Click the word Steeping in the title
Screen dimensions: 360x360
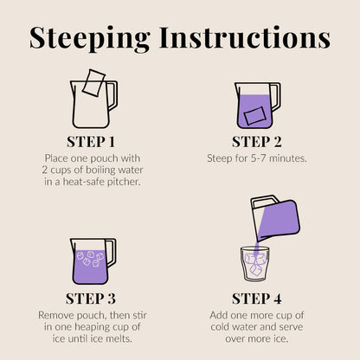(90, 38)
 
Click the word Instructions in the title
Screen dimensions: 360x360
(245, 37)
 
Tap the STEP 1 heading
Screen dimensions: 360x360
(91, 142)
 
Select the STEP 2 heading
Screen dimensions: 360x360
(257, 142)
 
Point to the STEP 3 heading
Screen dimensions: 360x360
(91, 299)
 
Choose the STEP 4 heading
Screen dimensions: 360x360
(257, 299)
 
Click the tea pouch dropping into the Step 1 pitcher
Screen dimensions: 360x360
(93, 82)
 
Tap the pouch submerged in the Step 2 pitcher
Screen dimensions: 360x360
(254, 116)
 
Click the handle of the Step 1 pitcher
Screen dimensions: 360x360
(112, 95)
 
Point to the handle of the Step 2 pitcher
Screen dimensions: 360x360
(276, 97)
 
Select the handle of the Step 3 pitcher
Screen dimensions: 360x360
(112, 253)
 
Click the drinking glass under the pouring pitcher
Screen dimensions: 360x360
(255, 264)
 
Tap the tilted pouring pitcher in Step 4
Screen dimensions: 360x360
(275, 218)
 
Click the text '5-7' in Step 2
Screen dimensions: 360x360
(259, 158)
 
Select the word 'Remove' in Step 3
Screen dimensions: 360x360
(56, 315)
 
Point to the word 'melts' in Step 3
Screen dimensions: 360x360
(119, 338)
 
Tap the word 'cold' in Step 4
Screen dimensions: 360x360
(220, 327)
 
